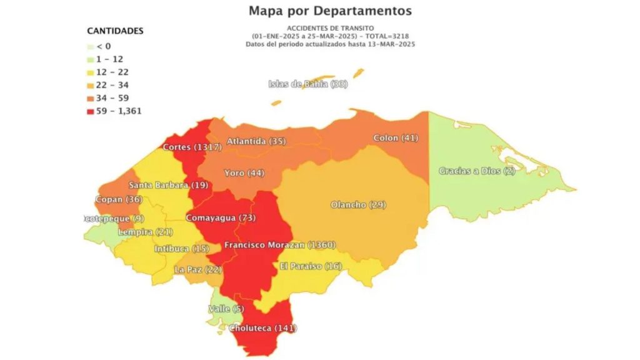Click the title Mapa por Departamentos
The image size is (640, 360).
tap(330, 11)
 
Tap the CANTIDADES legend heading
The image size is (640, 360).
tap(115, 31)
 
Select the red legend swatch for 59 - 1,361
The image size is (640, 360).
tap(91, 111)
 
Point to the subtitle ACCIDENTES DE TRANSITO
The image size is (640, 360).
tap(330, 28)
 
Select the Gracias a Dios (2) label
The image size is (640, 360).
tap(477, 171)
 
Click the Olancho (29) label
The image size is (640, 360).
tap(358, 205)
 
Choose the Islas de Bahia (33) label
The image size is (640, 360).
tap(307, 84)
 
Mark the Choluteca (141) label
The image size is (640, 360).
tap(262, 327)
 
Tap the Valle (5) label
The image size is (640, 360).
tap(226, 309)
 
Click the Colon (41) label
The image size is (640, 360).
tap(395, 137)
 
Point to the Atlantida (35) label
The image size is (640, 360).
tap(256, 141)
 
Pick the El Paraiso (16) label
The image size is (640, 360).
tap(311, 266)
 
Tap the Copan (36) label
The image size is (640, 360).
tap(118, 199)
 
